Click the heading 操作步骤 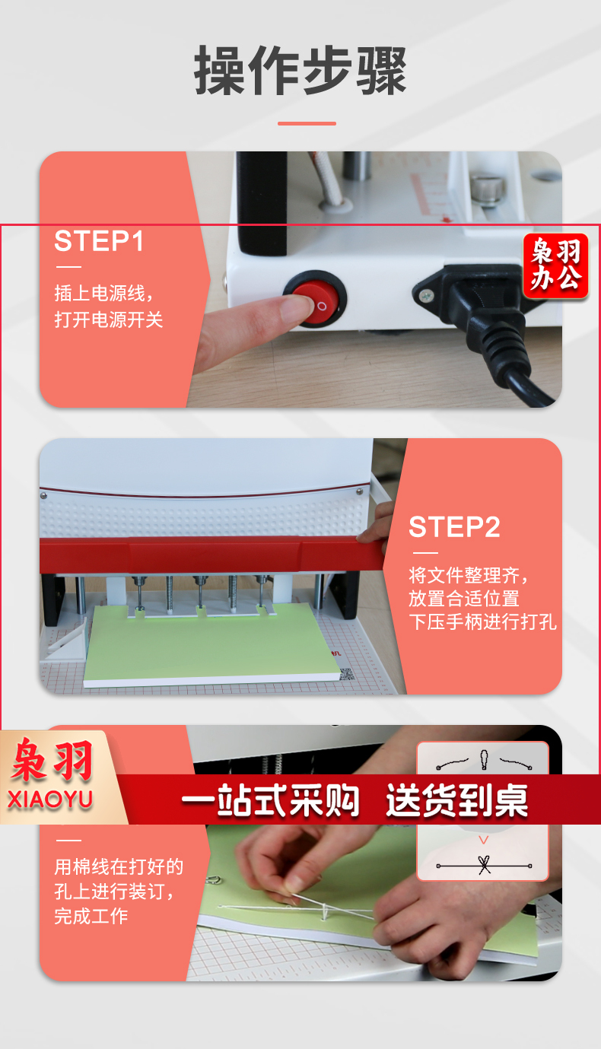pyautogui.click(x=300, y=71)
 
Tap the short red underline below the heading pyautogui.click(x=307, y=124)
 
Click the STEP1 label pyautogui.click(x=99, y=241)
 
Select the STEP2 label pyautogui.click(x=454, y=527)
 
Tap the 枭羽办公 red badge pyautogui.click(x=555, y=265)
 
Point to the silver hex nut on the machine pyautogui.click(x=488, y=189)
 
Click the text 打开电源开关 pyautogui.click(x=109, y=319)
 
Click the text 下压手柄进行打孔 pyautogui.click(x=482, y=622)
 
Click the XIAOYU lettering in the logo pyautogui.click(x=50, y=799)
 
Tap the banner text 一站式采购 pyautogui.click(x=270, y=799)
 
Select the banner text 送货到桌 pyautogui.click(x=457, y=799)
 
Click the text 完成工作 pyautogui.click(x=91, y=916)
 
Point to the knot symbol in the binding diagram pyautogui.click(x=484, y=864)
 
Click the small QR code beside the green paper pyautogui.click(x=347, y=674)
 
